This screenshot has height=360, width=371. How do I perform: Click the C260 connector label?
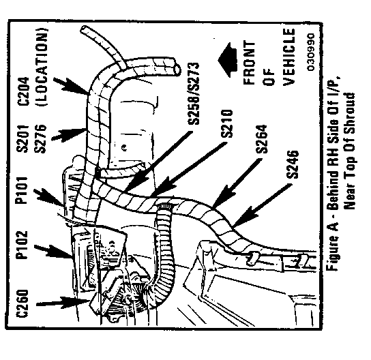pyautogui.click(x=23, y=303)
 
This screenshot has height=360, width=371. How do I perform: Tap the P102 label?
pyautogui.click(x=22, y=245)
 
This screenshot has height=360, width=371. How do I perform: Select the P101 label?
pyautogui.click(x=21, y=190)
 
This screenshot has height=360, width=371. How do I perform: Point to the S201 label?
pyautogui.click(x=23, y=139)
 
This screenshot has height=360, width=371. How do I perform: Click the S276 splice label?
pyautogui.click(x=40, y=139)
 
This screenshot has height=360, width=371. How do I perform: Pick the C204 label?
pyautogui.click(x=23, y=91)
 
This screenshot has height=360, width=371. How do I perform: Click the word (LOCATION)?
pyautogui.click(x=42, y=67)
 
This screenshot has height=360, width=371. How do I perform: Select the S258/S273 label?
pyautogui.click(x=193, y=93)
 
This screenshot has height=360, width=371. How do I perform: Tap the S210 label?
pyautogui.click(x=227, y=123)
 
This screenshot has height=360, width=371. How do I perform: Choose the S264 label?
pyautogui.click(x=261, y=139)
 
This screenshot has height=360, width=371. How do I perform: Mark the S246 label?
pyautogui.click(x=293, y=164)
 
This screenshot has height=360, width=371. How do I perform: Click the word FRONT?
pyautogui.click(x=250, y=63)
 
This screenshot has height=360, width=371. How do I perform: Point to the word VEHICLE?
pyautogui.click(x=289, y=57)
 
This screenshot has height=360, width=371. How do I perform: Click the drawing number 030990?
pyautogui.click(x=311, y=52)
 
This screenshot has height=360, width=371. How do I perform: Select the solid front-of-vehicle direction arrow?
pyautogui.click(x=227, y=60)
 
